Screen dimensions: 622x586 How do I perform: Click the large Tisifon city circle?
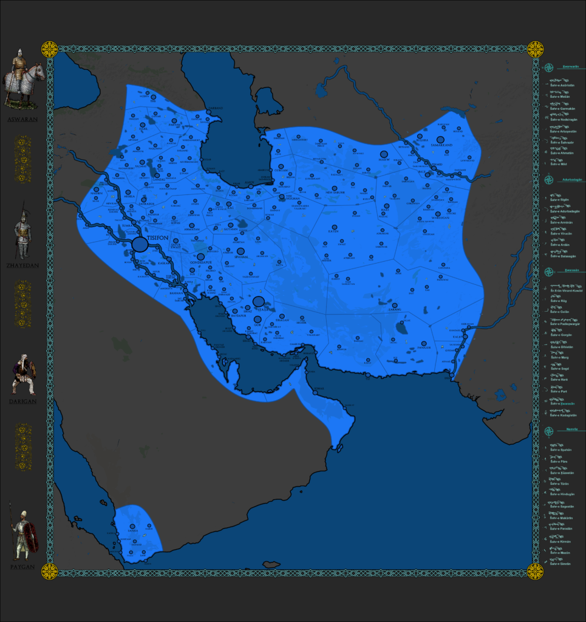tap(140, 244)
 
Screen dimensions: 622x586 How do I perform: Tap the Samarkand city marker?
tap(440, 140)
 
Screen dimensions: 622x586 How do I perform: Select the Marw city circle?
tap(384, 154)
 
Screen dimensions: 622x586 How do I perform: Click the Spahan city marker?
tap(240, 251)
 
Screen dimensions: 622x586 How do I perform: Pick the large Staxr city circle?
tap(259, 301)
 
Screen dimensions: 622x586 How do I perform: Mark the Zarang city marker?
tap(395, 306)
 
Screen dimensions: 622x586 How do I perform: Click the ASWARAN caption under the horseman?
tap(22, 120)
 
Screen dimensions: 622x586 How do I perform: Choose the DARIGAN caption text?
tap(23, 402)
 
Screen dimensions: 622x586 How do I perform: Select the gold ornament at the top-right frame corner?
tap(535, 49)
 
